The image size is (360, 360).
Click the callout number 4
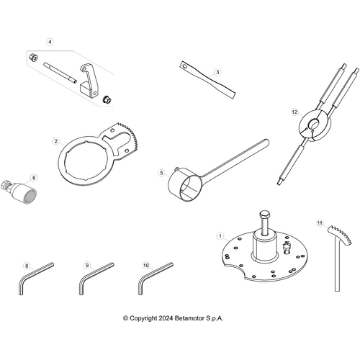[x=50, y=42]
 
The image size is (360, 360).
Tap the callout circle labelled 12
[x=294, y=112]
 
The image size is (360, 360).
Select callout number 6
[x=34, y=178]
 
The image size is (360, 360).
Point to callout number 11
[x=320, y=223]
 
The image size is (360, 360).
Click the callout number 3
[x=217, y=72]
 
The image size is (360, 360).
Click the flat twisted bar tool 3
[x=207, y=79]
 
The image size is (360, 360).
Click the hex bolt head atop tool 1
[x=264, y=214]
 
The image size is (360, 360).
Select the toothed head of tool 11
[x=341, y=235]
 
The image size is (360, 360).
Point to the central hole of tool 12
[x=313, y=125]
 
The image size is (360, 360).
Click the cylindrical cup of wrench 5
[x=184, y=184]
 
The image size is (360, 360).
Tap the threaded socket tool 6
[x=21, y=192]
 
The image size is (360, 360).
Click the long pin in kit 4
[x=60, y=73]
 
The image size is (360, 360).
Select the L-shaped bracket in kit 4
[x=89, y=81]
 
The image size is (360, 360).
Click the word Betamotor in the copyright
[x=189, y=318]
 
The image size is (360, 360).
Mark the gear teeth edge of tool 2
[x=131, y=136]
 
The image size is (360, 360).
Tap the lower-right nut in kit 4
[x=107, y=100]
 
